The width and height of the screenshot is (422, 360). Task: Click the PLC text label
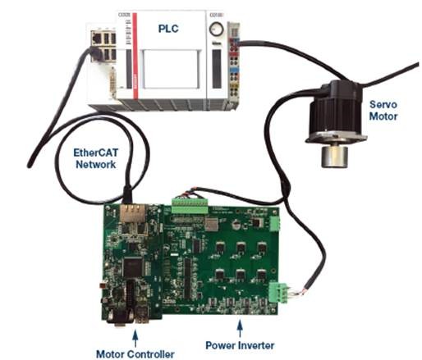168,29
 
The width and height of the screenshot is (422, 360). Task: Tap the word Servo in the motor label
383,104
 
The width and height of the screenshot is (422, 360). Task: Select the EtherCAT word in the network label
96,153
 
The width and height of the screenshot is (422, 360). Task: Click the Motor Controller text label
135,354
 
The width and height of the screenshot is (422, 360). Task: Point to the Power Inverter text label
240,345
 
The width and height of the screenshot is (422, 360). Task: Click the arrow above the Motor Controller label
135,339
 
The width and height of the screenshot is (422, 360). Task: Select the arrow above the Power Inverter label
240,329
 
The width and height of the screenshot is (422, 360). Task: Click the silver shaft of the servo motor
334,157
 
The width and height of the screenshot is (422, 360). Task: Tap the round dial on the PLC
216,29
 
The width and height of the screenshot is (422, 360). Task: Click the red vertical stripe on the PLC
135,56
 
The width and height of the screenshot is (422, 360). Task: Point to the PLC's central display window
170,69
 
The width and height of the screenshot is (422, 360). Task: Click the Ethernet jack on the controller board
133,213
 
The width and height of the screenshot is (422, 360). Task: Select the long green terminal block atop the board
190,206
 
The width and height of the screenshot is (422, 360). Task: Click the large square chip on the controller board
133,266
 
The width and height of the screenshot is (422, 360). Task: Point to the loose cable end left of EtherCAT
30,165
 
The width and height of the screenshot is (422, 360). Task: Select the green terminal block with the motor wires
278,293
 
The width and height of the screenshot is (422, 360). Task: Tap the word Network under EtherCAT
96,165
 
